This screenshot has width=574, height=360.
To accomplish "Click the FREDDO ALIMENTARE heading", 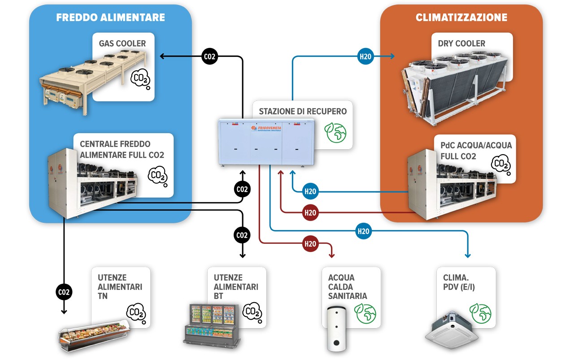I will pos(110,18).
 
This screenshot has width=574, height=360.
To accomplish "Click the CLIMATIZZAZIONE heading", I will pos(461,18).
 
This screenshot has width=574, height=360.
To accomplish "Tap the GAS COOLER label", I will pos(122,43).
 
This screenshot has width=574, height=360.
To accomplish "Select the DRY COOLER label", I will pos(461,43).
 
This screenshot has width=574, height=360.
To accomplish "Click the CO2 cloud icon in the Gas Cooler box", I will pos(140,79).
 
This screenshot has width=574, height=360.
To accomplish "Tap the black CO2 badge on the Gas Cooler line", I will pos(209,56).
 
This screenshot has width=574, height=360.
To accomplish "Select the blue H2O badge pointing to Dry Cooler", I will pos(365,56).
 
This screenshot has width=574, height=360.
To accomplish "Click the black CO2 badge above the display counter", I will pos(64,292).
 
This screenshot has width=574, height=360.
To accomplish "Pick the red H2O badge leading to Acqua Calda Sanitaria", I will pos(310,244).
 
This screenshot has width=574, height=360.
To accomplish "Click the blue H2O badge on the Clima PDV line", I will pos(363,231).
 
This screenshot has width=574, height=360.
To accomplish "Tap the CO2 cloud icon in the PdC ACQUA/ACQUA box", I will pos(500,165).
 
